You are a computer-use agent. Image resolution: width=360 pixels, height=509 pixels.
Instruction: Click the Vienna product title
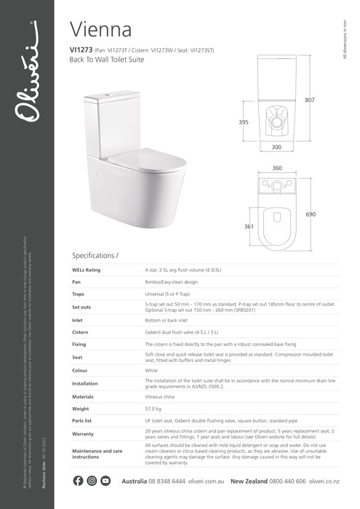(x=100, y=29)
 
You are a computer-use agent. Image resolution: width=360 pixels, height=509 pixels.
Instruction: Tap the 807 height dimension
(x=309, y=100)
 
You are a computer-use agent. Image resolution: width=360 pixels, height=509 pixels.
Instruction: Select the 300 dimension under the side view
(x=276, y=148)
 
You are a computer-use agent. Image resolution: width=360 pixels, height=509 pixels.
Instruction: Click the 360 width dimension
(x=276, y=168)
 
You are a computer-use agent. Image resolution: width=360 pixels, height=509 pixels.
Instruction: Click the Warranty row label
(x=84, y=434)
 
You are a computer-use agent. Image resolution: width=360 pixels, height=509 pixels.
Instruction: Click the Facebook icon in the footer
(x=79, y=481)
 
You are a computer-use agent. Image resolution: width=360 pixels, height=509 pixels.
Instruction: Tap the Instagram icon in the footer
(x=92, y=481)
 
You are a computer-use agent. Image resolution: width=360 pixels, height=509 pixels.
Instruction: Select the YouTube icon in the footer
(x=105, y=481)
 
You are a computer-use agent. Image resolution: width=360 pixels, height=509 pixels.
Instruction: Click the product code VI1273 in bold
(x=81, y=49)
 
